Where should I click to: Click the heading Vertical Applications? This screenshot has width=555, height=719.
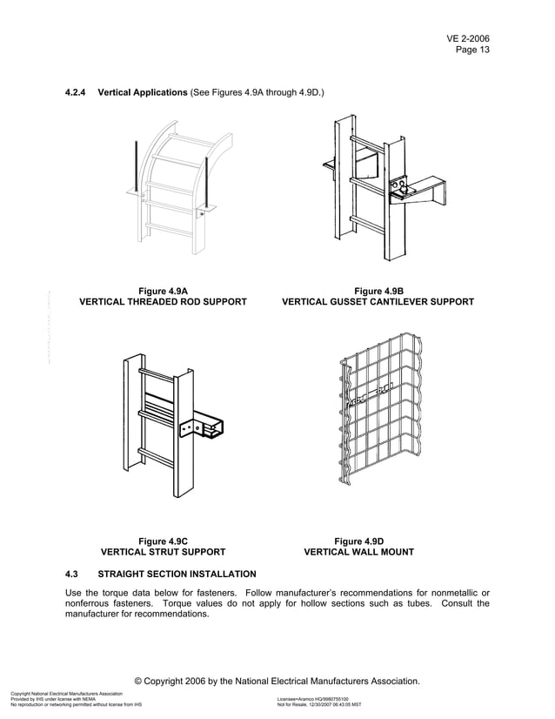[143, 91]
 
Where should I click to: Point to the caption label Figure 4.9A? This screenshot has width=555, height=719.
[164, 291]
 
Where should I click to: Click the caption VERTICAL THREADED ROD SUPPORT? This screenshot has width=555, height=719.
[164, 302]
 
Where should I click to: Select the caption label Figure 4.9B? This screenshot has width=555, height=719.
[378, 291]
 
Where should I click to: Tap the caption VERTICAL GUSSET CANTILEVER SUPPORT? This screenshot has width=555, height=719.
[378, 302]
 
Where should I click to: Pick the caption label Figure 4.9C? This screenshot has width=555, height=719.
[164, 541]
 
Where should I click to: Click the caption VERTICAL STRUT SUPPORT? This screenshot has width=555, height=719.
[164, 552]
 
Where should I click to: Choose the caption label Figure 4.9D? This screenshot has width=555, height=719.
[359, 541]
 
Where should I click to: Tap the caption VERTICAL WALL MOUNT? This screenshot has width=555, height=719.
[359, 552]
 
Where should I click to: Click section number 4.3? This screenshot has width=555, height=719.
[72, 574]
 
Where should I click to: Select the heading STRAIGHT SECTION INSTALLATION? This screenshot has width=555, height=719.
[177, 574]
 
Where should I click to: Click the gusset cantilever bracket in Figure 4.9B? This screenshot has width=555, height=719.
[421, 190]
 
